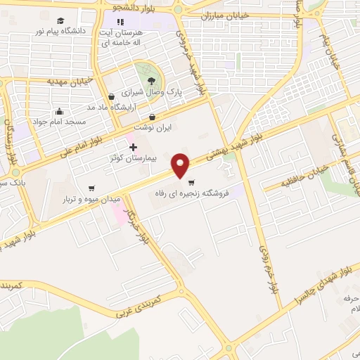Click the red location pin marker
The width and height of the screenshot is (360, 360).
181,165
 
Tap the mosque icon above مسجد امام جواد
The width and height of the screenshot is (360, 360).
58,110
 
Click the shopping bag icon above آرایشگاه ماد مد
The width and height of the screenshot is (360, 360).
110,97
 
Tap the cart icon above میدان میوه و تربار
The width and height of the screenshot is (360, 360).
91,188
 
